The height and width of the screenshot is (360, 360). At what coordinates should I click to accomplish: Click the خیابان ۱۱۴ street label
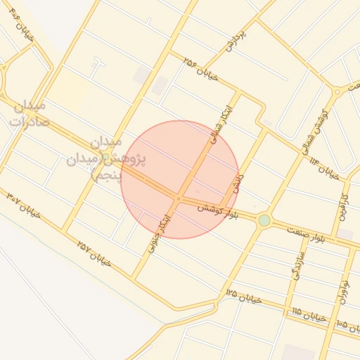(x=323, y=167)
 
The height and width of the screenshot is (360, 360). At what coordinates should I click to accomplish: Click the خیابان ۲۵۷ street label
(x=95, y=252)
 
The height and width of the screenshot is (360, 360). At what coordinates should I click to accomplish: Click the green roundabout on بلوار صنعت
(x=264, y=220)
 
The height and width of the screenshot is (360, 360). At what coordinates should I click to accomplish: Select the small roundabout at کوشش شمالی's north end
(x=337, y=91)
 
